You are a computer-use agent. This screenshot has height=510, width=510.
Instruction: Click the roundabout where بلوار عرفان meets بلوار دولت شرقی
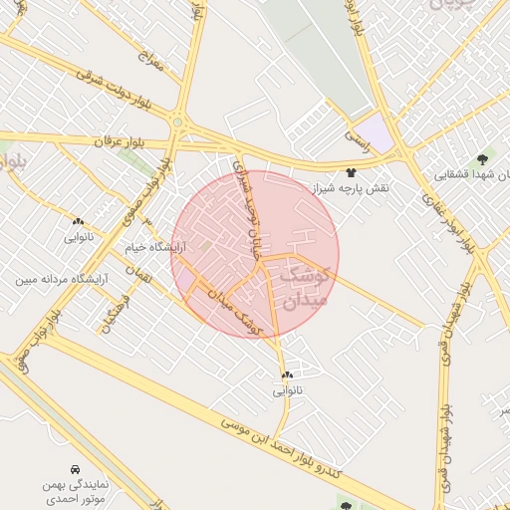click(x=178, y=123)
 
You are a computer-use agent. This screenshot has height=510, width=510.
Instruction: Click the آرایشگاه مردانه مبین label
click(x=61, y=280)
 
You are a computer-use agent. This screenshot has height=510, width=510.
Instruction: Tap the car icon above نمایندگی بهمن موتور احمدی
click(x=76, y=468)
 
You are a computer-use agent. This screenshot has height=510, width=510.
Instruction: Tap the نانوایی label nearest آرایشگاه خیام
click(x=79, y=237)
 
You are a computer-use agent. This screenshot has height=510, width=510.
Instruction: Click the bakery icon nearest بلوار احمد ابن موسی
click(x=287, y=375)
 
